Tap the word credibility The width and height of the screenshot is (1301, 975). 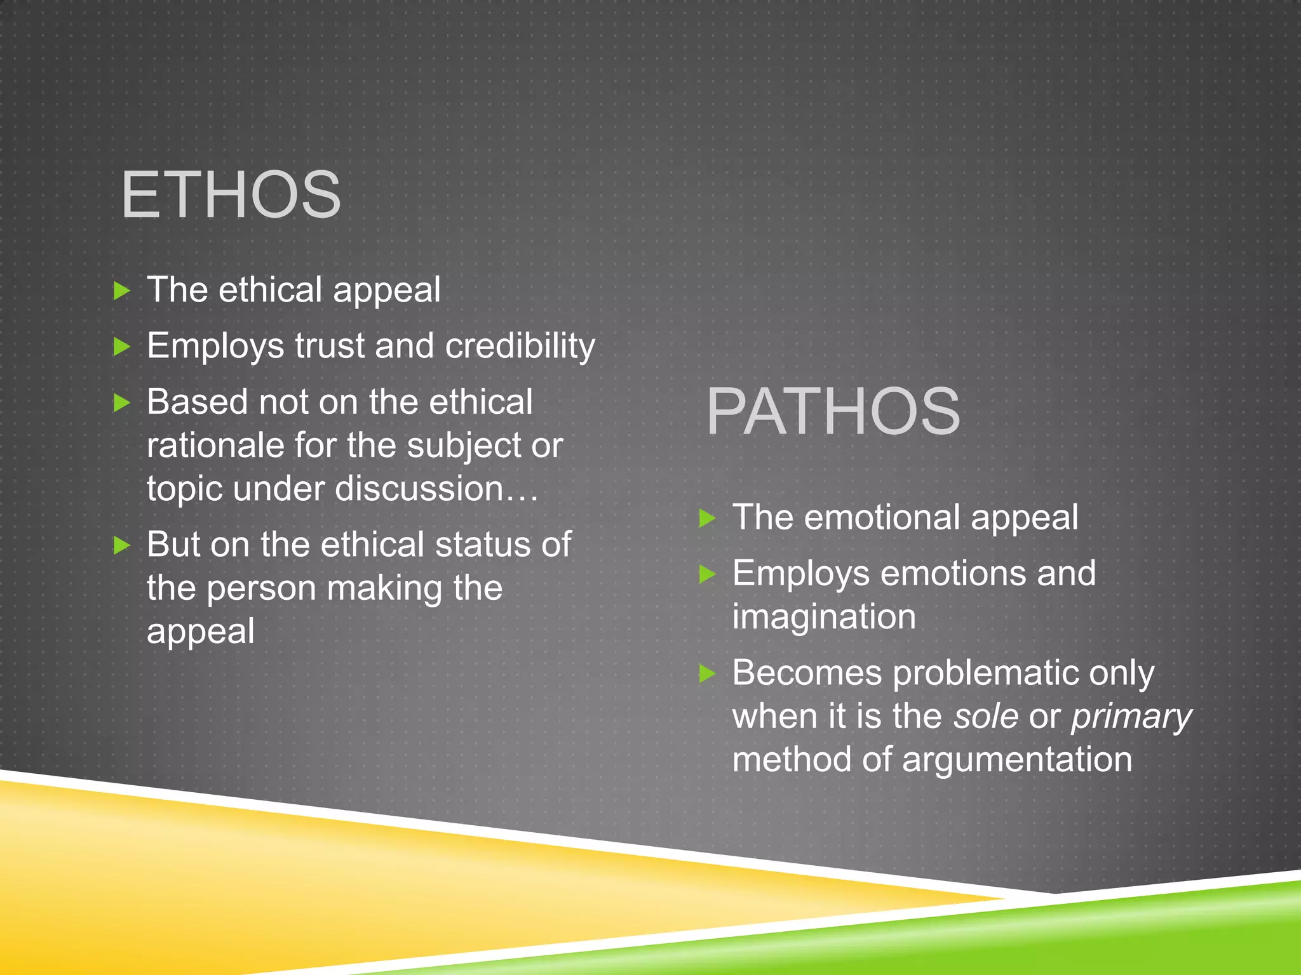520,347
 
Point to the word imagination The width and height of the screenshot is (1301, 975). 824,617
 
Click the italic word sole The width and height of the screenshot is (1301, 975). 986,716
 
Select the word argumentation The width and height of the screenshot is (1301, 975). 1016,760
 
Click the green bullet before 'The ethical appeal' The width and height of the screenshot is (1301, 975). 121,291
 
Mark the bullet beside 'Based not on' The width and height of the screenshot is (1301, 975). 121,402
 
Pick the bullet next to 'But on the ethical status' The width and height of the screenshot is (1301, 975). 121,545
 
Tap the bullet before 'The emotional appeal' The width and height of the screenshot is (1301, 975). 707,518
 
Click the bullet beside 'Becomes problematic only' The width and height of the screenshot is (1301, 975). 707,673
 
